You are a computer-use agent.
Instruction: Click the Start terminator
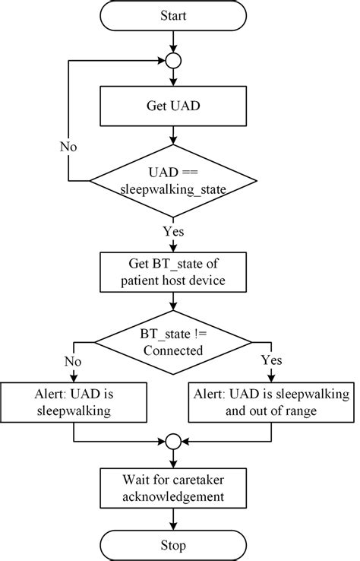(174, 16)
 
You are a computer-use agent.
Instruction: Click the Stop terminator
(174, 544)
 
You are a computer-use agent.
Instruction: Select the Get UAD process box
(174, 105)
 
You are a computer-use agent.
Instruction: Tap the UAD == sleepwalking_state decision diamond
(174, 181)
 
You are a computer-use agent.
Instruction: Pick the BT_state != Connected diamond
(174, 343)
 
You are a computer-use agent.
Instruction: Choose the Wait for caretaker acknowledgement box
(174, 489)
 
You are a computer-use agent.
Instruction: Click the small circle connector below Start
(174, 59)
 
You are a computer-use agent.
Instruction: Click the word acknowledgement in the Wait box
(174, 497)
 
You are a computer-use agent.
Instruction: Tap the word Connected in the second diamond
(174, 351)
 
